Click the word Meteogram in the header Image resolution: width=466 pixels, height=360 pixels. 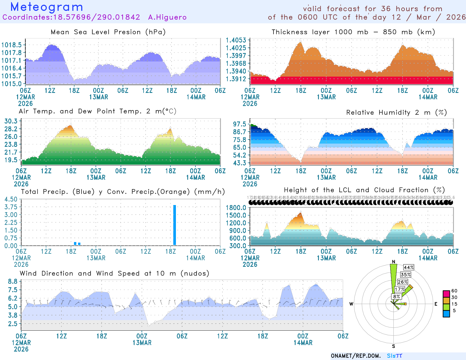click(x=47, y=7)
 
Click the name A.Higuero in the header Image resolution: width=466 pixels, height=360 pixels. click(x=167, y=17)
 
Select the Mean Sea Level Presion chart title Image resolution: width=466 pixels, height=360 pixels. click(x=108, y=32)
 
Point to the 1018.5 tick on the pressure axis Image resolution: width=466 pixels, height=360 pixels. click(x=12, y=45)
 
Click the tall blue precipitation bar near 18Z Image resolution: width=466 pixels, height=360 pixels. click(x=174, y=225)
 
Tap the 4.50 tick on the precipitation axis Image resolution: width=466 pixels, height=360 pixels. click(x=11, y=199)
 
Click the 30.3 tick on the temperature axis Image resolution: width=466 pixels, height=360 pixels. click(x=11, y=121)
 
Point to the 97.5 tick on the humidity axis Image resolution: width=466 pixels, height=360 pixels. click(x=240, y=124)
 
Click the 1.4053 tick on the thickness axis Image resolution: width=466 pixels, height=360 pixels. click(x=236, y=40)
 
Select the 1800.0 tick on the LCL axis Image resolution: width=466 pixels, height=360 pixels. click(x=236, y=208)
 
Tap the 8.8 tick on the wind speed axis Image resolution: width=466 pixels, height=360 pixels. click(x=13, y=281)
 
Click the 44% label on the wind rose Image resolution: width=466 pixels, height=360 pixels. click(x=409, y=267)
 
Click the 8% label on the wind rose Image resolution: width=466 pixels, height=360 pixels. click(x=396, y=297)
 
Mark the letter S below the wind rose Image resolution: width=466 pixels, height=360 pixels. click(x=393, y=346)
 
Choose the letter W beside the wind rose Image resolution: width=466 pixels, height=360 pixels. click(x=351, y=304)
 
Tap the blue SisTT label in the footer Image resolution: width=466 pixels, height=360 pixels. click(x=394, y=356)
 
